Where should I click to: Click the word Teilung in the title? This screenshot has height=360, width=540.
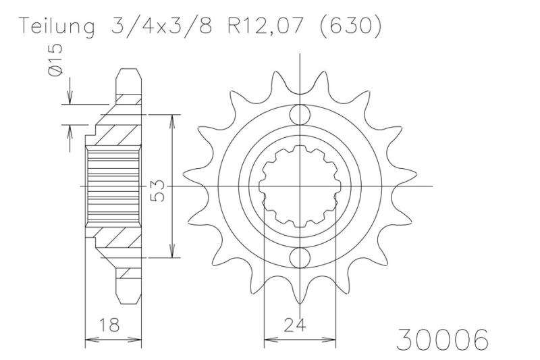tap(57, 26)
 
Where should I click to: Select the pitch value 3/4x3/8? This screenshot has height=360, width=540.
tap(161, 25)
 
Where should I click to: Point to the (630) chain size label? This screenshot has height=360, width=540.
tap(350, 25)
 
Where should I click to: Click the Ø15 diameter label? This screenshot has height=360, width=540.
tap(56, 59)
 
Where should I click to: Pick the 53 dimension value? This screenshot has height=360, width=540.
tap(158, 191)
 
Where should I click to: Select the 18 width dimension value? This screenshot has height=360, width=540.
tap(110, 324)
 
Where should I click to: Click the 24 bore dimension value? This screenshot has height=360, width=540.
tap(295, 324)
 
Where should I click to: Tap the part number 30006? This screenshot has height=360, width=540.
tap(442, 338)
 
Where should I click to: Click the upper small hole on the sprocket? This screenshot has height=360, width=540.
tap(300, 115)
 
